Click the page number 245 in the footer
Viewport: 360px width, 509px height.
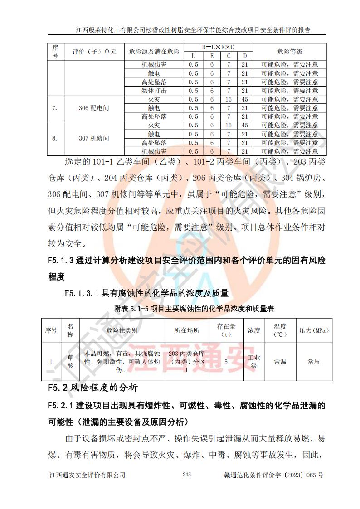click(186, 475)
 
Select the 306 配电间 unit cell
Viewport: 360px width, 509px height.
click(94, 108)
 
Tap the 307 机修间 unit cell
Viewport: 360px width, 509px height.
click(94, 138)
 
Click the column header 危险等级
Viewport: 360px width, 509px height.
click(289, 52)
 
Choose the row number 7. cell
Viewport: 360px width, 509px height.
click(55, 108)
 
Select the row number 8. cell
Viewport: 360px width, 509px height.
click(55, 138)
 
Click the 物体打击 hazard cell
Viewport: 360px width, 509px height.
click(154, 91)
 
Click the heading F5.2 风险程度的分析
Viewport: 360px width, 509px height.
click(93, 388)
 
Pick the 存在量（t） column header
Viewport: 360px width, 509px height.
click(226, 330)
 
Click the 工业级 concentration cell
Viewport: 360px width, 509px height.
click(254, 362)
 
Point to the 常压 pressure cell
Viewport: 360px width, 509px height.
click(314, 362)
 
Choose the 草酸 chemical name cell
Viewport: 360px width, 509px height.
click(70, 362)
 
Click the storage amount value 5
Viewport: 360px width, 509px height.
click(226, 362)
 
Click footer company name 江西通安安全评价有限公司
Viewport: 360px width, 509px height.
click(87, 475)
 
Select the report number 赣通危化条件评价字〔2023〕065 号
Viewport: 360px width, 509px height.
click(273, 475)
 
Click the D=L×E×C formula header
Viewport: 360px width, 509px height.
click(219, 47)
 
